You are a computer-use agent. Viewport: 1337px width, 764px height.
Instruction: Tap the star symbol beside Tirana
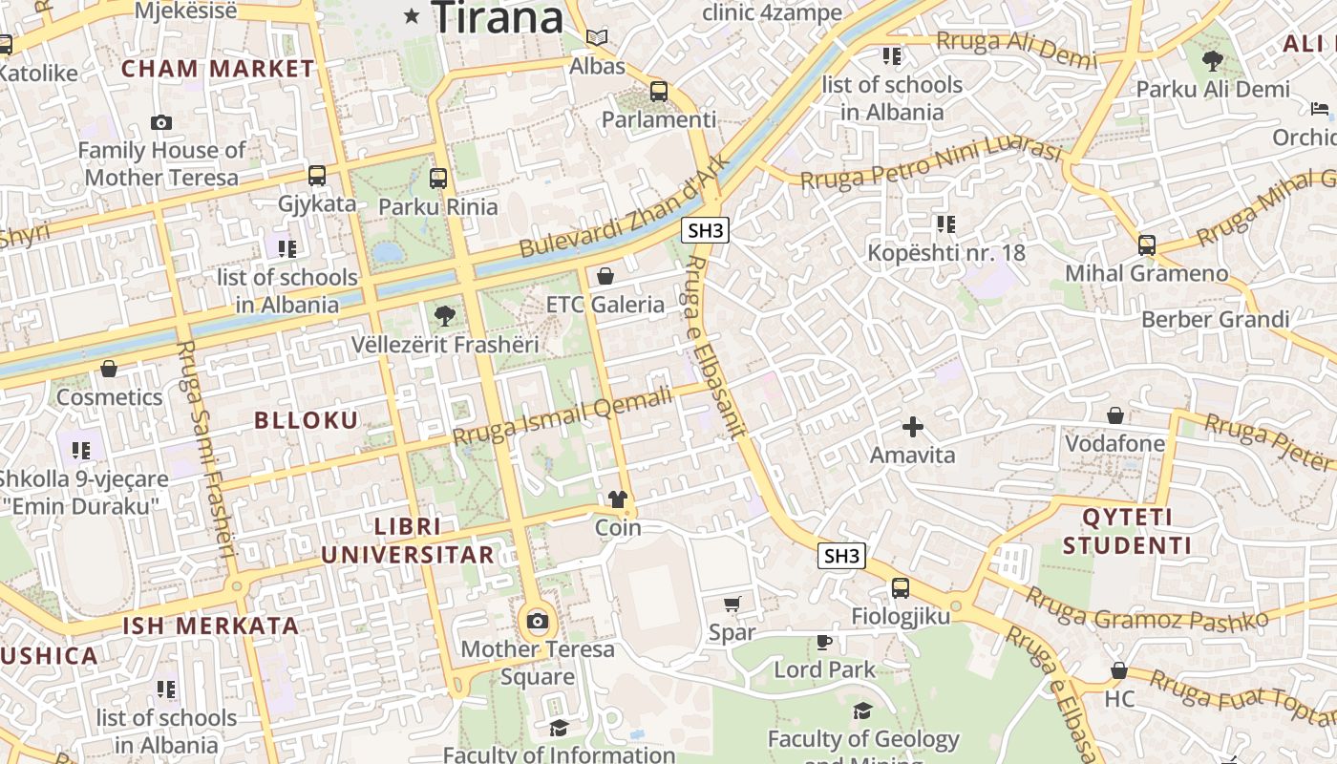pyautogui.click(x=412, y=15)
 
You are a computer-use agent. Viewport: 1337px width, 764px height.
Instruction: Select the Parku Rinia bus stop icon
pyautogui.click(x=438, y=178)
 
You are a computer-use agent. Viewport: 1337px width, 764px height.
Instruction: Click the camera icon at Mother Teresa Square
pyautogui.click(x=538, y=622)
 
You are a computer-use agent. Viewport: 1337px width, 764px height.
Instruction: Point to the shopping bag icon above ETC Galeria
pyautogui.click(x=605, y=276)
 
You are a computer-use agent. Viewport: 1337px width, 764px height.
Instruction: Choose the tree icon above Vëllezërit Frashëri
pyautogui.click(x=444, y=315)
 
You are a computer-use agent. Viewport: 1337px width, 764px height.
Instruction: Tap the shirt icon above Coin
pyautogui.click(x=618, y=499)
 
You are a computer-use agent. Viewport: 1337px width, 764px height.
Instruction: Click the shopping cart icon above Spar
pyautogui.click(x=732, y=604)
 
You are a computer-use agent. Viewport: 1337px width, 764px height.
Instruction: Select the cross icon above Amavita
pyautogui.click(x=913, y=426)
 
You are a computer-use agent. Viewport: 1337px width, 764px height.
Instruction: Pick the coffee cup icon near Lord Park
pyautogui.click(x=824, y=641)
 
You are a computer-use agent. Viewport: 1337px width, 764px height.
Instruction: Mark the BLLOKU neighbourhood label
pyautogui.click(x=306, y=420)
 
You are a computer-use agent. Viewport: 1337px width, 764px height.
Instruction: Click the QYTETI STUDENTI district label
pyautogui.click(x=1127, y=532)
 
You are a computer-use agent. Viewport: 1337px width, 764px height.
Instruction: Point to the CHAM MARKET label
pyautogui.click(x=218, y=69)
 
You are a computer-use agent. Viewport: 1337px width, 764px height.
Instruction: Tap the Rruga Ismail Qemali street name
pyautogui.click(x=562, y=416)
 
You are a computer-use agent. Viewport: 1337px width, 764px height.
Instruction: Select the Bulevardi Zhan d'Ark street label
pyautogui.click(x=625, y=205)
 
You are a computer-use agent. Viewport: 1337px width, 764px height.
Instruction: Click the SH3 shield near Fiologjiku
pyautogui.click(x=841, y=556)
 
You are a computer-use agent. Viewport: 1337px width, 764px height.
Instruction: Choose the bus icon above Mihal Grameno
pyautogui.click(x=1147, y=244)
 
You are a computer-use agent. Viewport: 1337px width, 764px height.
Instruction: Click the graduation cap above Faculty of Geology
pyautogui.click(x=863, y=711)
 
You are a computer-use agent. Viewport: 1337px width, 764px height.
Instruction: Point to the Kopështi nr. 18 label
pyautogui.click(x=945, y=253)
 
